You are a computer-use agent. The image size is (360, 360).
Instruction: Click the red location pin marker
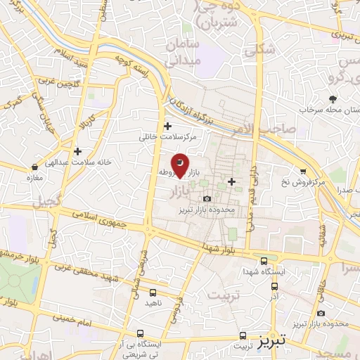tap(180, 165)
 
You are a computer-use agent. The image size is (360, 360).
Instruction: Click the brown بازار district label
tap(181, 190)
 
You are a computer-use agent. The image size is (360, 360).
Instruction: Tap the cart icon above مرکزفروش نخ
tap(303, 170)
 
